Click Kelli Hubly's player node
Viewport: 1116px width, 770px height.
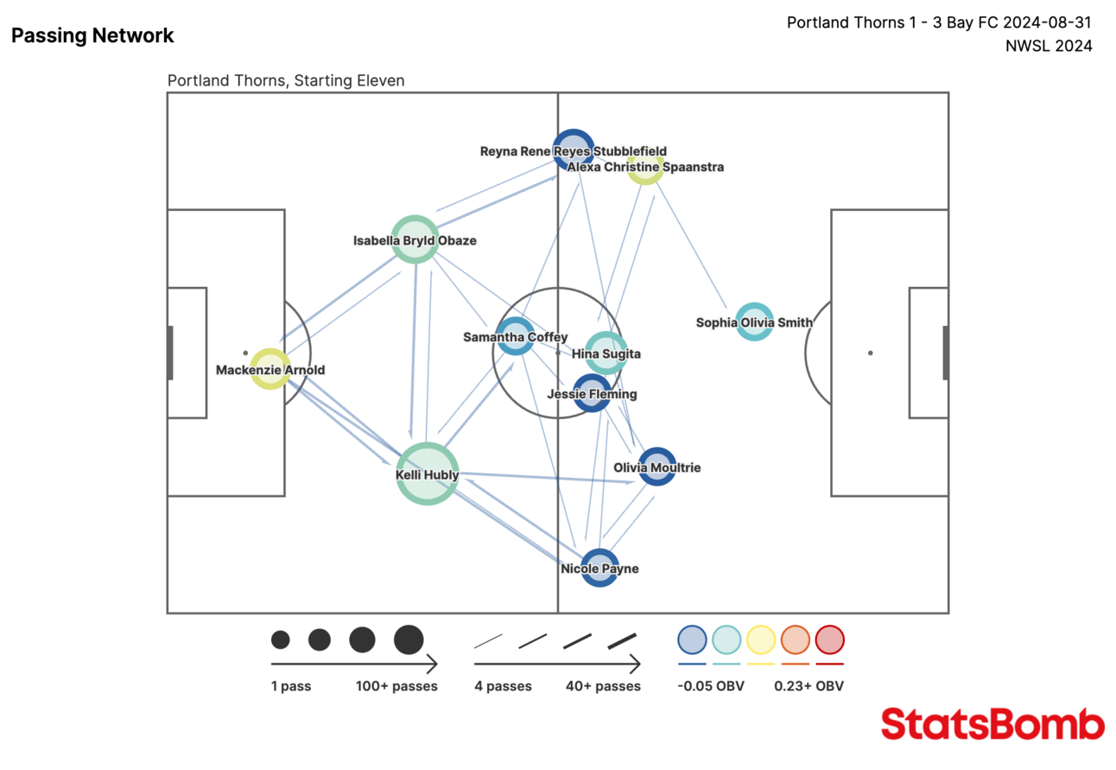pyautogui.click(x=427, y=473)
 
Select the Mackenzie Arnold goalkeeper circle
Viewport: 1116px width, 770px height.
pyautogui.click(x=270, y=369)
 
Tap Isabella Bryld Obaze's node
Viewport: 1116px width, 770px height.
pyautogui.click(x=415, y=239)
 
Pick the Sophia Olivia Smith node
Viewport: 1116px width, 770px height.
pyautogui.click(x=754, y=322)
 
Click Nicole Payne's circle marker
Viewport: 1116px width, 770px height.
pyautogui.click(x=599, y=568)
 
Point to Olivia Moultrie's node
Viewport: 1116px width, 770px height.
pyautogui.click(x=656, y=467)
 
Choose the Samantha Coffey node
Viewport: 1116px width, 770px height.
pyautogui.click(x=516, y=336)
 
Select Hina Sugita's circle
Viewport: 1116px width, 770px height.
pyautogui.click(x=606, y=353)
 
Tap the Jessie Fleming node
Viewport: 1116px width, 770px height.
pyautogui.click(x=592, y=393)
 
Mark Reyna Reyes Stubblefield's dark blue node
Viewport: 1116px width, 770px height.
pyautogui.click(x=574, y=149)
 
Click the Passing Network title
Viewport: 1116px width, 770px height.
pyautogui.click(x=92, y=35)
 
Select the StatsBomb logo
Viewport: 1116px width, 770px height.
pyautogui.click(x=992, y=724)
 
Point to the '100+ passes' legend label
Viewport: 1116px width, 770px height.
pyautogui.click(x=396, y=686)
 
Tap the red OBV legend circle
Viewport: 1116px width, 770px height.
pyautogui.click(x=829, y=640)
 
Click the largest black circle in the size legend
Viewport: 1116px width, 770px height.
pyautogui.click(x=409, y=640)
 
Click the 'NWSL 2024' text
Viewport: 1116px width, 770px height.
pyautogui.click(x=1049, y=47)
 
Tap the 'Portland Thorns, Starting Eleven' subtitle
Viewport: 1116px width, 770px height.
pyautogui.click(x=286, y=80)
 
